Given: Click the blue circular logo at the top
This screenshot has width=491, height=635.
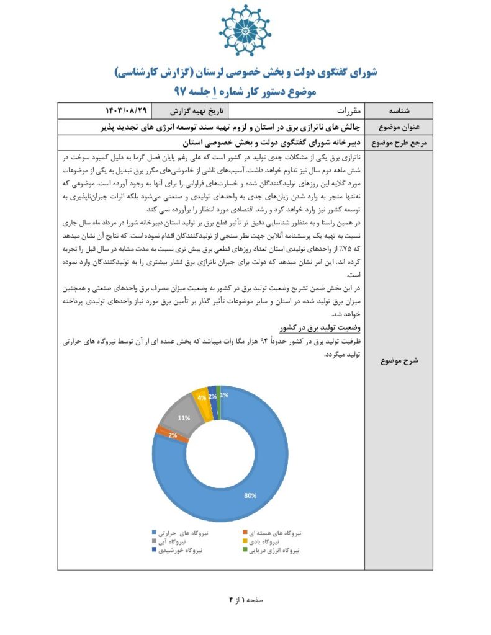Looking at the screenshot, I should (x=245, y=31).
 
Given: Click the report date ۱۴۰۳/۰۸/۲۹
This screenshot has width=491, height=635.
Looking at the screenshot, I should (x=127, y=111).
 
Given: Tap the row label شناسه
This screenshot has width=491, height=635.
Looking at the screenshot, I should (x=398, y=112).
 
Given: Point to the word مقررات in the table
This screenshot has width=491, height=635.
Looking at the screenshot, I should (x=339, y=112).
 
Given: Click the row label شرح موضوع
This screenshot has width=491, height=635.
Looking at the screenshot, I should (x=398, y=360).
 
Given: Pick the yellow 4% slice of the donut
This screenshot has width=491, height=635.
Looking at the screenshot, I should (x=202, y=396).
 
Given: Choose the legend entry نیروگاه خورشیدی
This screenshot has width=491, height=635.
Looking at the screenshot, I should (x=181, y=550).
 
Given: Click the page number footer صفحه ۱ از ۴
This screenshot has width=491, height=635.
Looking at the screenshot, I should (x=246, y=600).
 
